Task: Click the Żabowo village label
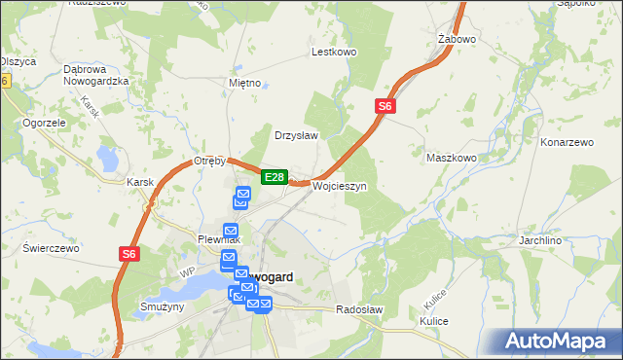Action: pos(457,40)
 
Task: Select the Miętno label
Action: pos(244,83)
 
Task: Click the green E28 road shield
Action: pos(274,177)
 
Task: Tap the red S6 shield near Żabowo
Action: pos(385,107)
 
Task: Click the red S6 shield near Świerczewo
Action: pos(130,254)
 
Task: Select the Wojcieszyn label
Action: pos(339,186)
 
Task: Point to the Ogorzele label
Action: pos(44,124)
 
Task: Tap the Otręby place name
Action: pos(210,161)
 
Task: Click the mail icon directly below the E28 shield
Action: pos(242,198)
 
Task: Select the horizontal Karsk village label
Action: pos(142,182)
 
